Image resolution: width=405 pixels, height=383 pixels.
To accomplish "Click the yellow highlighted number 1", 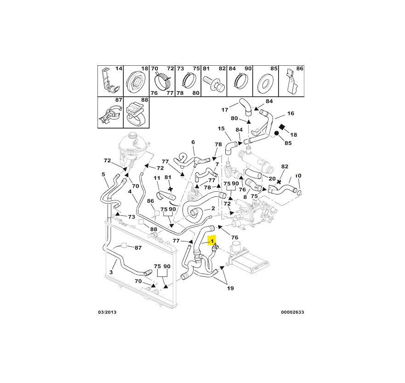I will [x=212, y=240].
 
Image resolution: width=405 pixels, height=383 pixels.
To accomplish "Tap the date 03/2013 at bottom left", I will [x=107, y=313].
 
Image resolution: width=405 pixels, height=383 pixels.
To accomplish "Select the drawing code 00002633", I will [x=292, y=313].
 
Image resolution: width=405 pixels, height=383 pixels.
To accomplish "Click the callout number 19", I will [x=230, y=288].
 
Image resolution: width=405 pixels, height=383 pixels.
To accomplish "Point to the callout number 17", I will [x=225, y=110].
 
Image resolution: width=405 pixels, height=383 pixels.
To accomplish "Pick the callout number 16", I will [x=291, y=113].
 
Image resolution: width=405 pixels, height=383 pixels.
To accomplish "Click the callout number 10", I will [x=298, y=176].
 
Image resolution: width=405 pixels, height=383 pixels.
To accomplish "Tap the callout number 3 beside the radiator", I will [x=110, y=273].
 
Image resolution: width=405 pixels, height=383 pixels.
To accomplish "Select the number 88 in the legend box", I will [x=144, y=100].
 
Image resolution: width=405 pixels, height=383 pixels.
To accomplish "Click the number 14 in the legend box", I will [x=119, y=69].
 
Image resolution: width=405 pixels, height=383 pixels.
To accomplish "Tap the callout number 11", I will [x=157, y=178].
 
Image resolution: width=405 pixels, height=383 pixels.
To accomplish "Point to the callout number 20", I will [x=272, y=178].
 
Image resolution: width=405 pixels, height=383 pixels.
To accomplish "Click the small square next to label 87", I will [x=125, y=246].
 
